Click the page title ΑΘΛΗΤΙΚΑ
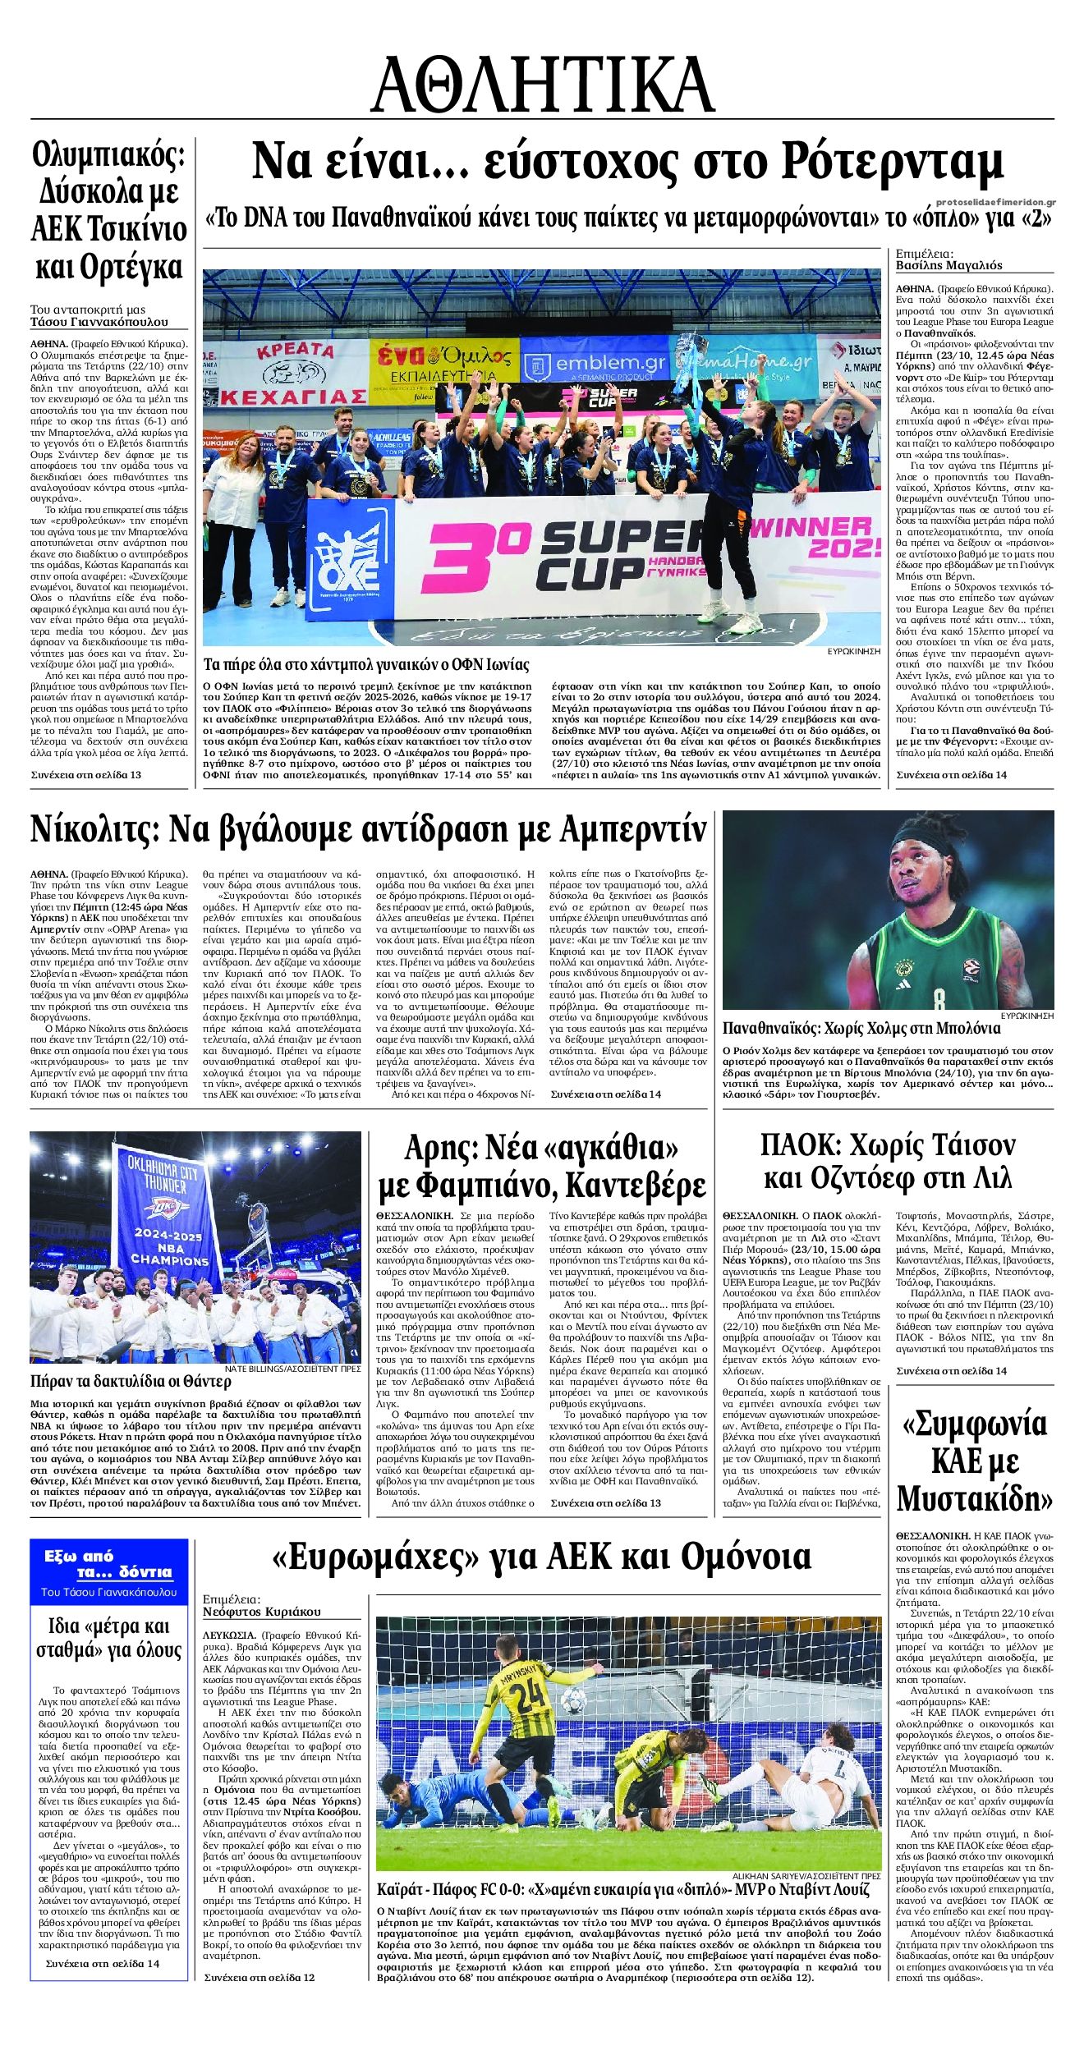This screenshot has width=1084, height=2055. pos(542,84)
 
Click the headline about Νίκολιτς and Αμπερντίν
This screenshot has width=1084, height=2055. pos(369,830)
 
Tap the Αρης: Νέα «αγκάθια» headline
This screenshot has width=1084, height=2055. pos(541,1166)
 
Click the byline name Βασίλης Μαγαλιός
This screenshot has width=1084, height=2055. pos(948,265)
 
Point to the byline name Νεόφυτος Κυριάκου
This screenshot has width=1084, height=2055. pos(262,1612)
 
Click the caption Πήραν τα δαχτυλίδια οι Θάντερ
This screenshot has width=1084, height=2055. pos(114,1380)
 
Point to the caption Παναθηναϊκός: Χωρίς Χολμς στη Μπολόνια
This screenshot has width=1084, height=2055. pos(861,1028)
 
